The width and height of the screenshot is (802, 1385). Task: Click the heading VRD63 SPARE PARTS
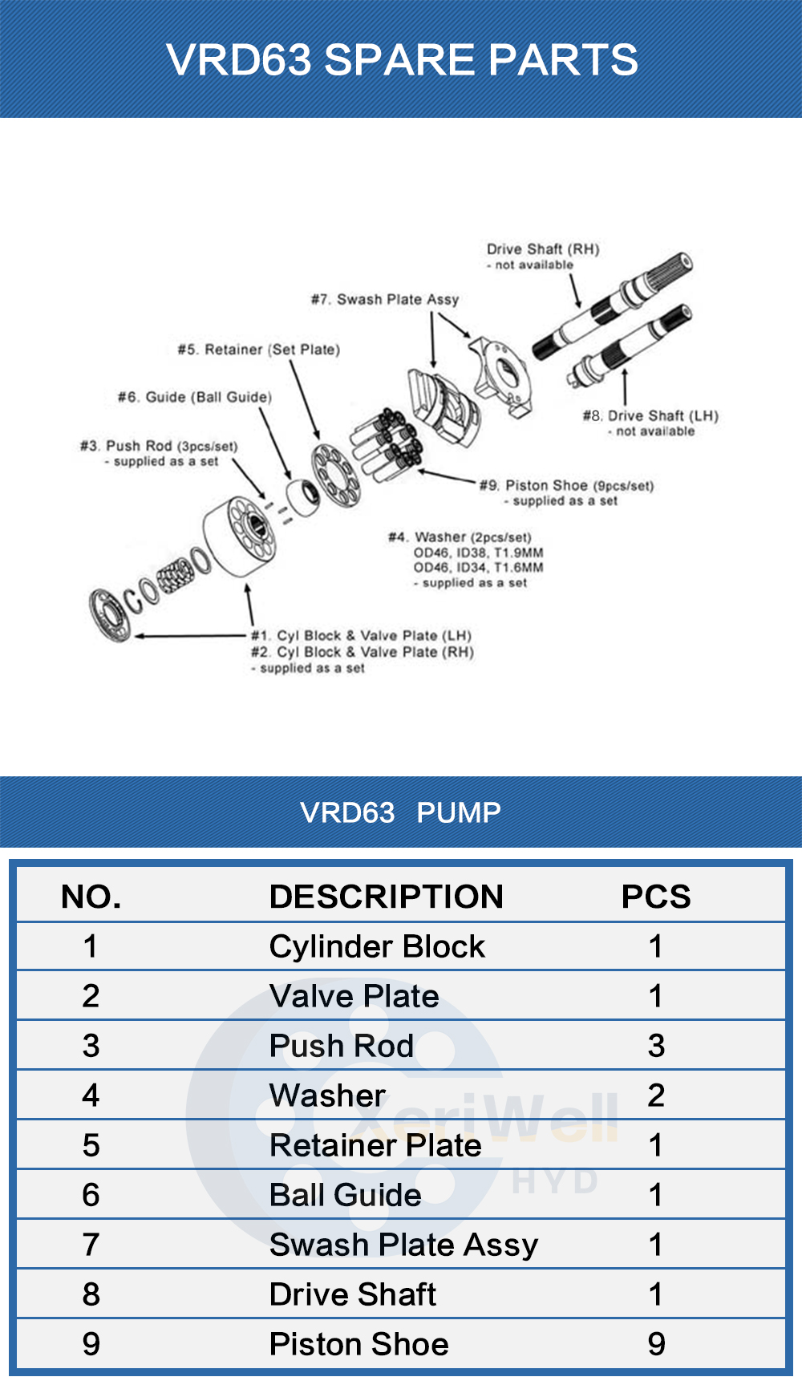coord(401,60)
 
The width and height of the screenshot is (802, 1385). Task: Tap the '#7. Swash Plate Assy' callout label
coord(385,299)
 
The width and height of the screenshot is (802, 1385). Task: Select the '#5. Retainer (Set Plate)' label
coord(259,350)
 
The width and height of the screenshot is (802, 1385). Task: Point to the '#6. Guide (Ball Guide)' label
coord(195,397)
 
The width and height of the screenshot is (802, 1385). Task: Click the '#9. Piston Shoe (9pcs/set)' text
coord(567,485)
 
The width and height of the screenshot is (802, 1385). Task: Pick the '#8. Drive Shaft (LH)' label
coord(650,415)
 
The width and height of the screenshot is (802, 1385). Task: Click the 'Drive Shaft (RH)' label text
coord(543,249)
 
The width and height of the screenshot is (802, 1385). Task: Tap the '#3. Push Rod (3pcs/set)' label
coord(159,446)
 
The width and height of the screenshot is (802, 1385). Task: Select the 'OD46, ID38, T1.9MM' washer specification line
coord(478,553)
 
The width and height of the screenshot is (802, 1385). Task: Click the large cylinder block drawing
coord(239,536)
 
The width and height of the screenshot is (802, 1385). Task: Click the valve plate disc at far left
coord(110,614)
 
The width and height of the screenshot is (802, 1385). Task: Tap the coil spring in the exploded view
coord(175,576)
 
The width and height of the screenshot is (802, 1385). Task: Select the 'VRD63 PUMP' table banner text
coord(401,812)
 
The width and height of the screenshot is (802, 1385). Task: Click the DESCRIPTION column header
coord(386,897)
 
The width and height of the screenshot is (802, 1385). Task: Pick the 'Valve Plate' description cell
coord(354,996)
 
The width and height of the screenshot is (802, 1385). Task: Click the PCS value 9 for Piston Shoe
coord(656,1344)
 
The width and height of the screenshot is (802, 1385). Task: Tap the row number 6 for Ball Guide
coord(91,1195)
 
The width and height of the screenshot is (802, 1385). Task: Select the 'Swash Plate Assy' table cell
coord(403,1245)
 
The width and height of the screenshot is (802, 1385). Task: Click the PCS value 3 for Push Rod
coord(656,1046)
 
